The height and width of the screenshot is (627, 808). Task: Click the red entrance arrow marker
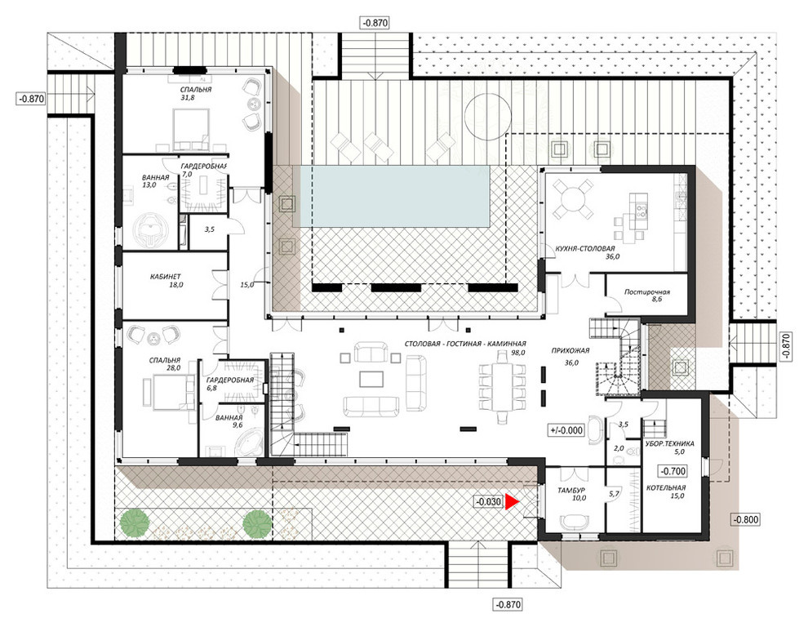[511, 502]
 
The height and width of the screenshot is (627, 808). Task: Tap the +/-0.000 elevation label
[566, 430]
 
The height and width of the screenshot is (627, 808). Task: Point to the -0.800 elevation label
[746, 519]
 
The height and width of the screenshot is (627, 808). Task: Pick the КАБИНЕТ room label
[166, 277]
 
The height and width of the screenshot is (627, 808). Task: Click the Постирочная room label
[646, 291]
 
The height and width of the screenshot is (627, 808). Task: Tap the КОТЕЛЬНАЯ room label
[666, 487]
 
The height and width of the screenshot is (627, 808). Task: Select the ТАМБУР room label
[571, 491]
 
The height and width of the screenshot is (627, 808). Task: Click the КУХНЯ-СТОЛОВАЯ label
[585, 248]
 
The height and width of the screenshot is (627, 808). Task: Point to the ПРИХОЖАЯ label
[570, 350]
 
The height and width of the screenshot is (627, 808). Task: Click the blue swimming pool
[391, 196]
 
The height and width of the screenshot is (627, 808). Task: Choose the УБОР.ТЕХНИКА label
[669, 443]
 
